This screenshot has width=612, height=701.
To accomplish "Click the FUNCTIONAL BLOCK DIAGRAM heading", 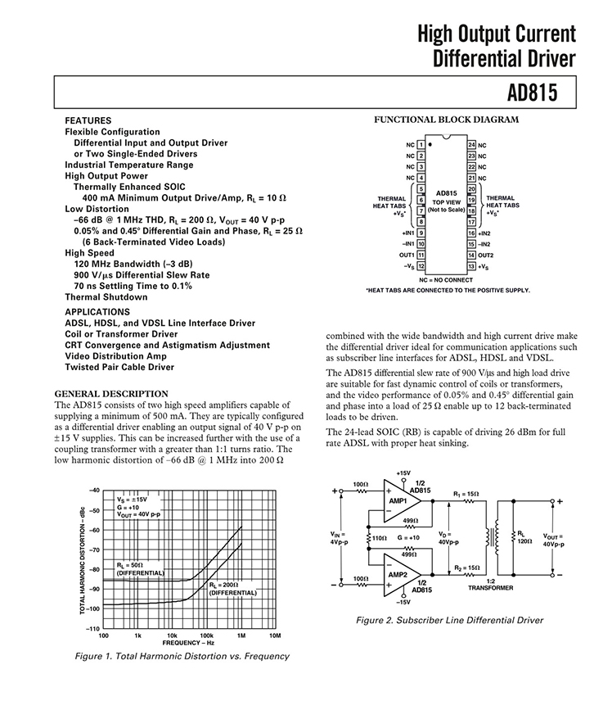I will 446,120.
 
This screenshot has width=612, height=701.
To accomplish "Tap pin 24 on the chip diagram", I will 472,144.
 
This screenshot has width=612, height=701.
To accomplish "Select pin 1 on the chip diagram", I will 421,144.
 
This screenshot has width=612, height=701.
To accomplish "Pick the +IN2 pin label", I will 484,233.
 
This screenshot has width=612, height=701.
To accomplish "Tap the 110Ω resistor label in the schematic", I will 379,538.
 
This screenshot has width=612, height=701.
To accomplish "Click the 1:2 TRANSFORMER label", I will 491,583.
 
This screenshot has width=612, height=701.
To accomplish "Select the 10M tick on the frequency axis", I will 275,635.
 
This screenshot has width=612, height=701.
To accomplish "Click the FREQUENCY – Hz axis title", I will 187,643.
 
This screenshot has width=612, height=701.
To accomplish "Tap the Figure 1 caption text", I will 182,656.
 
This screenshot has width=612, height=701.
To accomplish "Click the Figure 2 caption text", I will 449,620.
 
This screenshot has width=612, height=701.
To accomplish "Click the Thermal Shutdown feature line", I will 106,297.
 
